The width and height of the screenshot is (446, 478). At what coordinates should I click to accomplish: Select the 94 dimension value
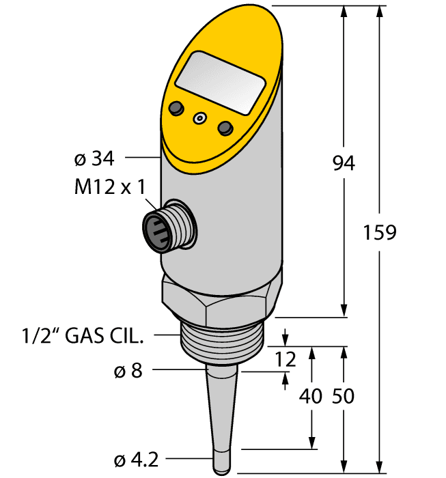click(344, 163)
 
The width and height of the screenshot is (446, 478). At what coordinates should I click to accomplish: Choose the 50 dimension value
click(343, 396)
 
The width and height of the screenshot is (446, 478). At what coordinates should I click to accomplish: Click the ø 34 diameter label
click(93, 158)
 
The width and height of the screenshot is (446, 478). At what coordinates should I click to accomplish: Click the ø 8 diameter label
click(128, 371)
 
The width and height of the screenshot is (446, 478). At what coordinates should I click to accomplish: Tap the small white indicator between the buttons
click(199, 118)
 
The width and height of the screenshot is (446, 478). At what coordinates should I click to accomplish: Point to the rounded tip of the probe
click(221, 468)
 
